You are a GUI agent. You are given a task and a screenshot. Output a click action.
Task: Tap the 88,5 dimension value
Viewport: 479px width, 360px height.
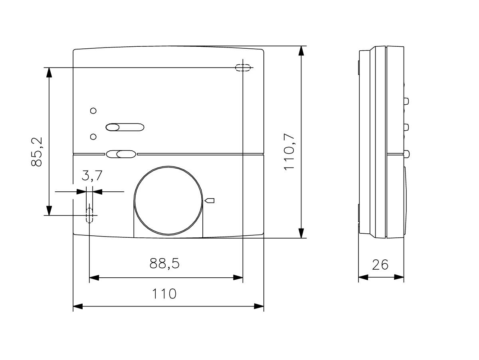tap(165, 263)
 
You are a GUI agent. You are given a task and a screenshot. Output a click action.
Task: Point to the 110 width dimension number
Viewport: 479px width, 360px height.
tap(164, 294)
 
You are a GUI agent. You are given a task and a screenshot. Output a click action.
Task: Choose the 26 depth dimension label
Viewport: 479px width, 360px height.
tap(380, 265)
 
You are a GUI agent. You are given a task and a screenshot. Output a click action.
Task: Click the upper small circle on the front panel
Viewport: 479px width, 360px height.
tap(93, 111)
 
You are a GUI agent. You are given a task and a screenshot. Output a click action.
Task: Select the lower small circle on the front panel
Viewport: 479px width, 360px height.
tap(93, 137)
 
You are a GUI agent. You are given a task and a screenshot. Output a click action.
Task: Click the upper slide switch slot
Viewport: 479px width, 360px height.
tap(124, 127)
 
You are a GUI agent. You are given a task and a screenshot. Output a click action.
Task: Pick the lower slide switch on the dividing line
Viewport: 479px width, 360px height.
tap(121, 153)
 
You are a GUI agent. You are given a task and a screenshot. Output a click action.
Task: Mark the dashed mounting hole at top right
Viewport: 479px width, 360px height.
tap(243, 68)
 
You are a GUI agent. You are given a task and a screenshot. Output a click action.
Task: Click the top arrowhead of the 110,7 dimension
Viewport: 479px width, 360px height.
tap(302, 52)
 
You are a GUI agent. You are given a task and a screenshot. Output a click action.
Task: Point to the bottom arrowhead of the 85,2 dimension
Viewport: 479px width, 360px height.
tap(49, 211)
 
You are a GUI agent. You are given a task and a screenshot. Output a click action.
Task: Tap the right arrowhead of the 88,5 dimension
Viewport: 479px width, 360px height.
tap(238, 277)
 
